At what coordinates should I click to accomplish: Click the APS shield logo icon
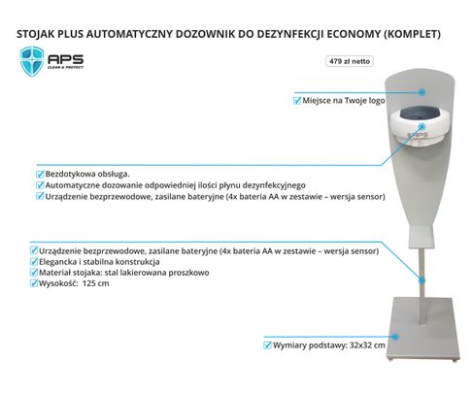[x=32, y=61]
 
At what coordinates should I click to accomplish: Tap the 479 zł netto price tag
[x=350, y=61]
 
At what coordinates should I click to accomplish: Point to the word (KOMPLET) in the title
[x=412, y=34]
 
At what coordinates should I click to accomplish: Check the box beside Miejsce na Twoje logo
[x=297, y=101]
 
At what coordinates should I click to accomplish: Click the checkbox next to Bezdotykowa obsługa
[x=40, y=175]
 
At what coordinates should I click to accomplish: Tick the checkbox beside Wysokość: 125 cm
[x=34, y=283]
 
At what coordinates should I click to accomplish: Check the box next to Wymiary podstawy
[x=267, y=345]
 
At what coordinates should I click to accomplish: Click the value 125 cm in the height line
[x=96, y=283]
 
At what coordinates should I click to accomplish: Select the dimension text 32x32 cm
[x=367, y=345]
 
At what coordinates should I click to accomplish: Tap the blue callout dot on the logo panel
[x=421, y=92]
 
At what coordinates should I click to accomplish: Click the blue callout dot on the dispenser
[x=421, y=126]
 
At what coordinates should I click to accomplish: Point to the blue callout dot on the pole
[x=421, y=280]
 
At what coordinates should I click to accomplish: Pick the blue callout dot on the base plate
[x=395, y=337]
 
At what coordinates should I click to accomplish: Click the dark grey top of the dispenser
[x=421, y=114]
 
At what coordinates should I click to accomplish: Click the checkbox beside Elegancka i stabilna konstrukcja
[x=34, y=262]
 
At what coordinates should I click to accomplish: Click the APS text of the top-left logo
[x=66, y=59]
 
